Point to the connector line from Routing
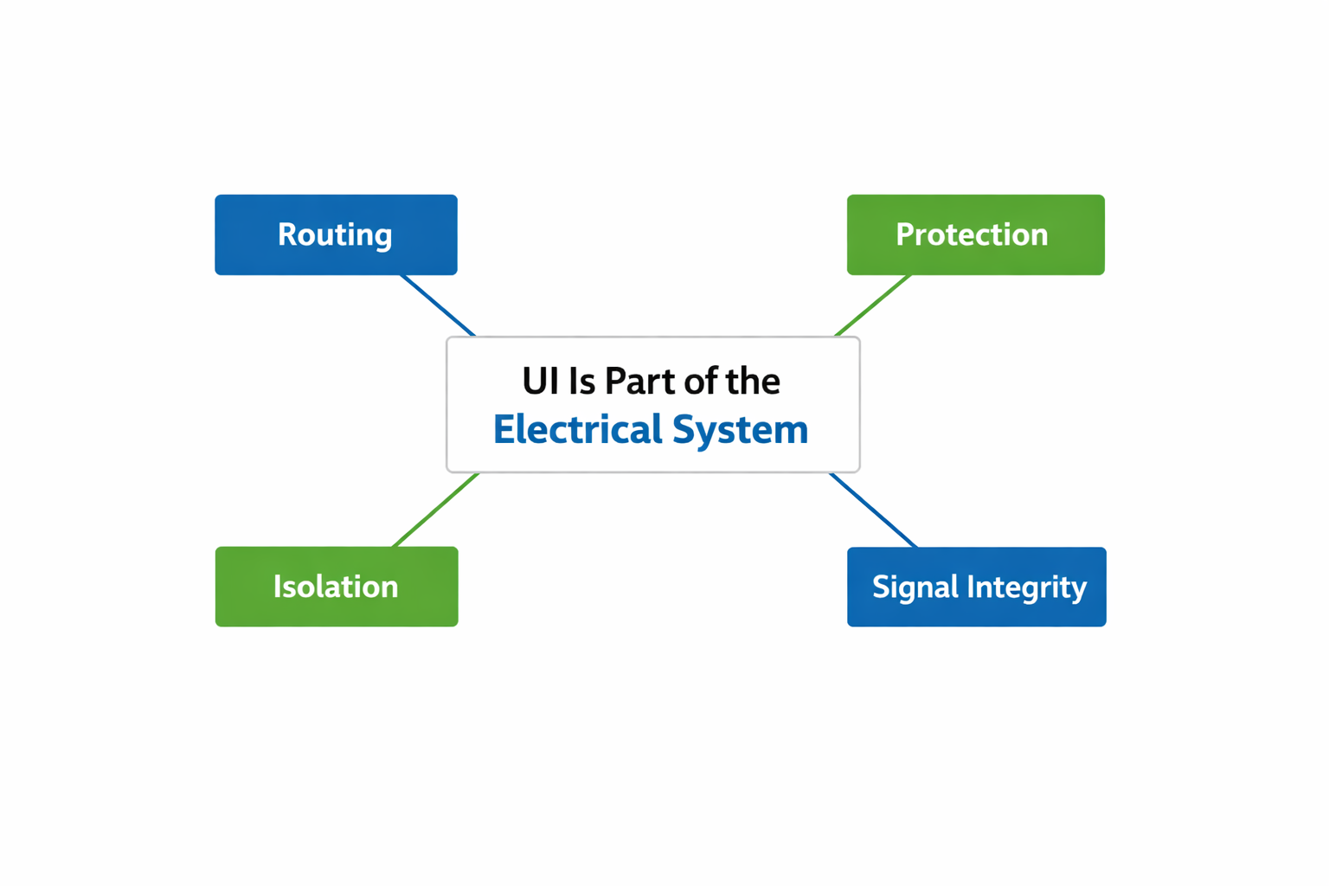point(438,305)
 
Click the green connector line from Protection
point(873,305)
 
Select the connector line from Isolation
point(435,510)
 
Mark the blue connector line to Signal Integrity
point(873,510)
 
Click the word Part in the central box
point(639,382)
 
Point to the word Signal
point(915,587)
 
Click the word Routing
point(335,234)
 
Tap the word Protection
point(972,234)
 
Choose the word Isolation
point(336,587)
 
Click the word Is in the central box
point(581,382)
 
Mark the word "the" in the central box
point(752,382)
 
